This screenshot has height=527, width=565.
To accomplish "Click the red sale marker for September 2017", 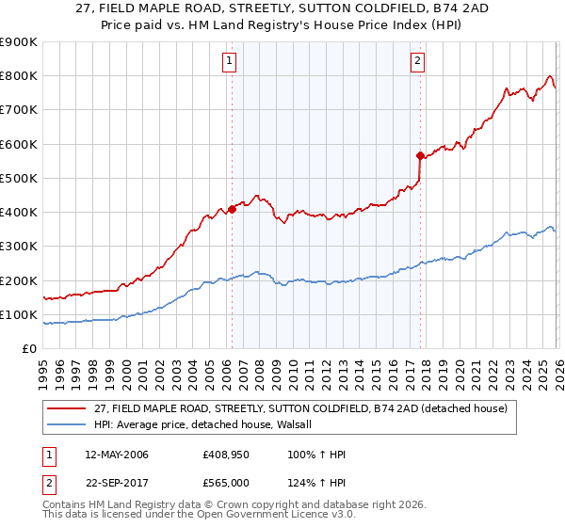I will pos(420,155).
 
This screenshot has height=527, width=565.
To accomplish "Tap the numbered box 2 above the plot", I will pos(417,62).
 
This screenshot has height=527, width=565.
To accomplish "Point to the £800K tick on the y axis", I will pos(19,76).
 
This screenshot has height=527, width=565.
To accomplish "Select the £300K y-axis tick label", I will pos(19,247).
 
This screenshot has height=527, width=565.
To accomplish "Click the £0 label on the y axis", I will pos(28,349).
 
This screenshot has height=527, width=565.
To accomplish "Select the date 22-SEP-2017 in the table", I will pos(116,483).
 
